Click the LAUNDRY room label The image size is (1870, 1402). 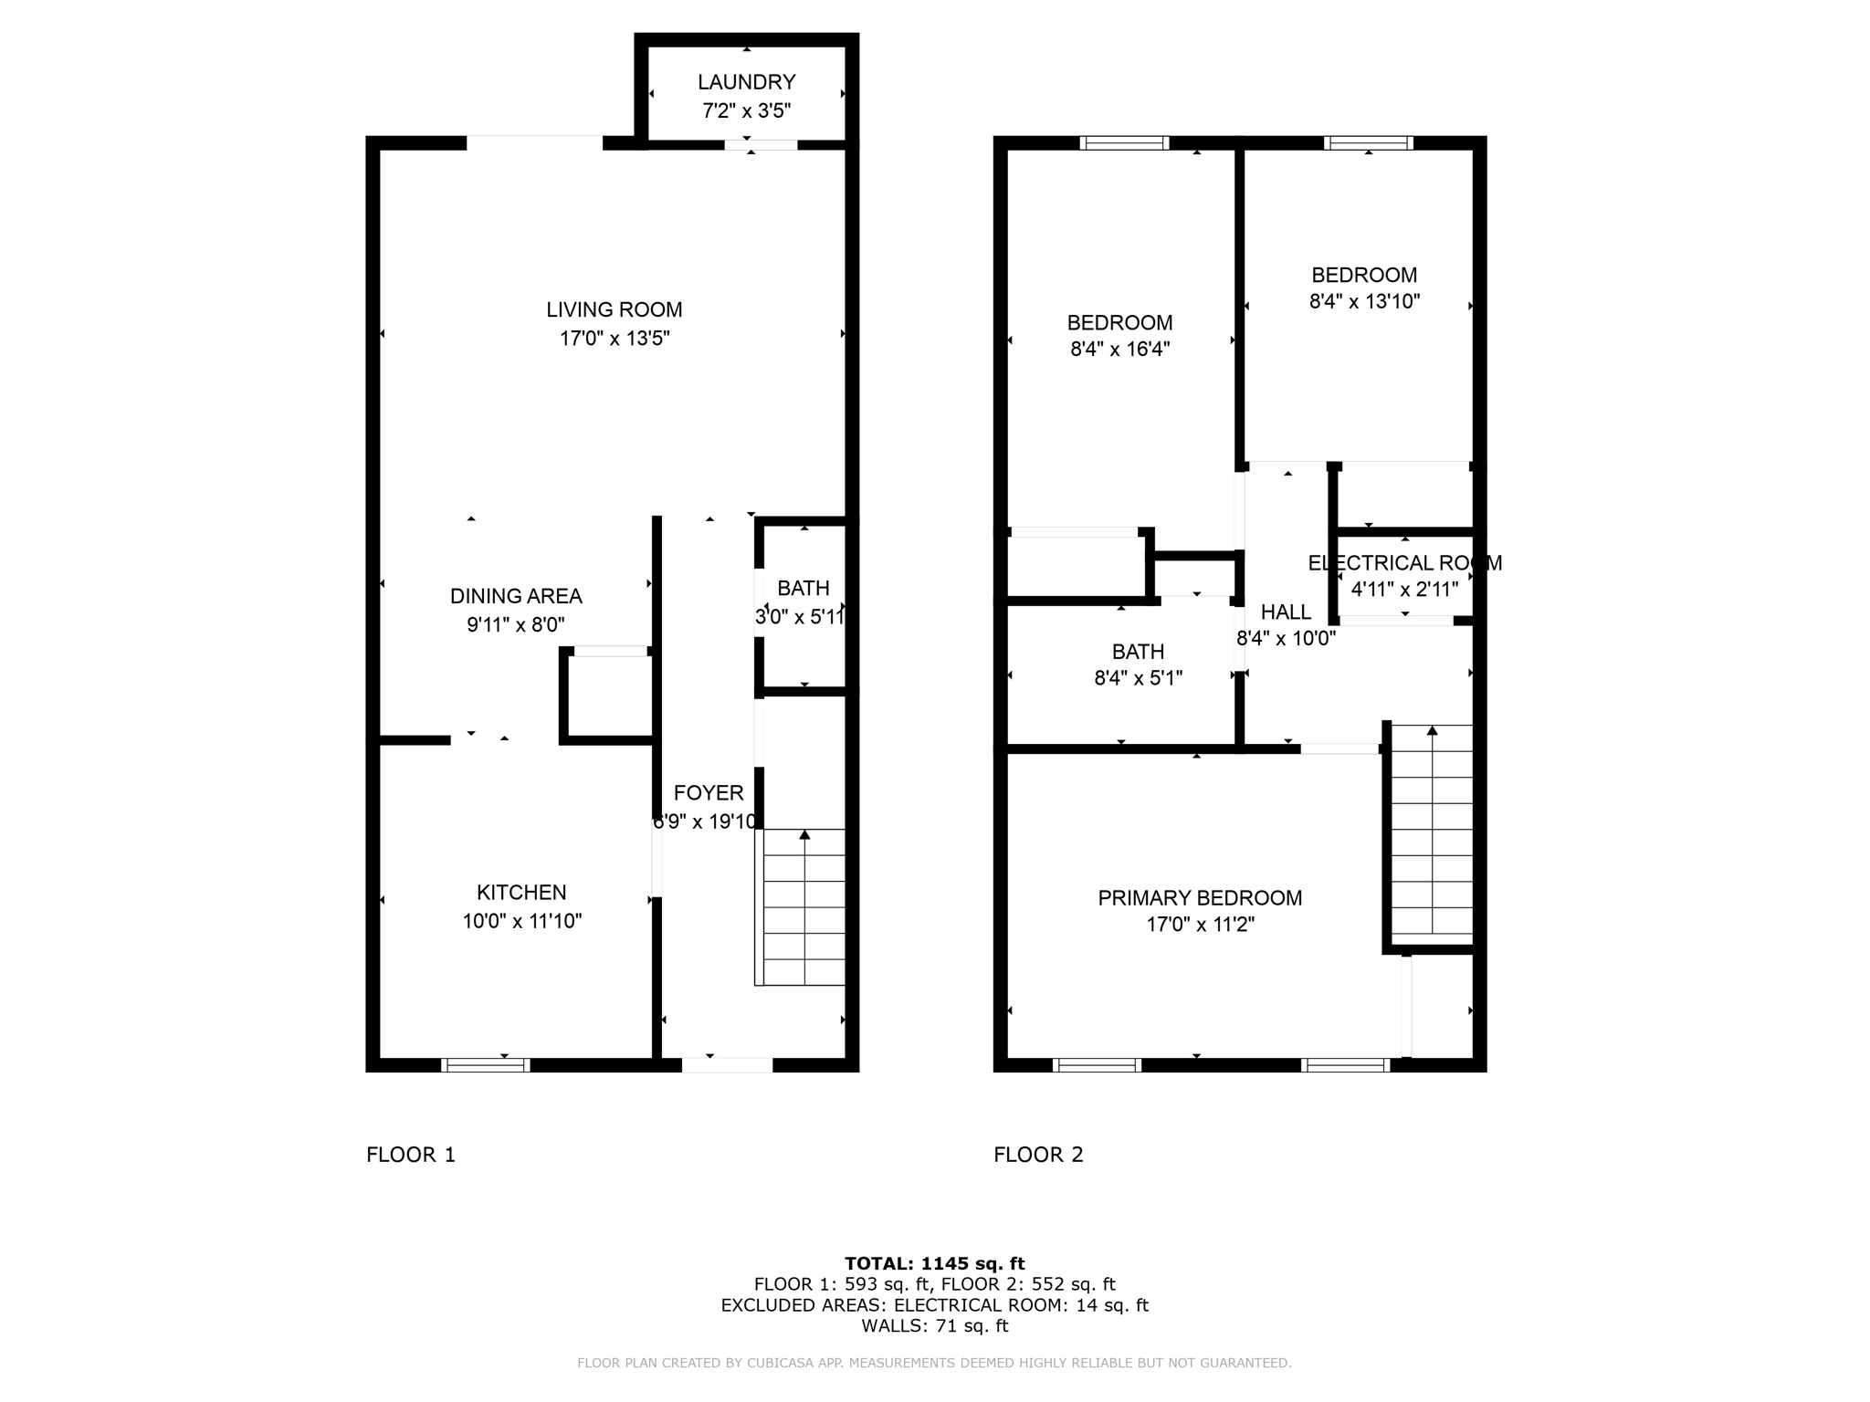(746, 82)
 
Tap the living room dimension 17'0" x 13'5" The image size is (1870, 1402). (615, 339)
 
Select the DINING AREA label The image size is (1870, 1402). (516, 596)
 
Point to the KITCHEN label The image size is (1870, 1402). (521, 892)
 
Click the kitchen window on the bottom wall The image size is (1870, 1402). (485, 1064)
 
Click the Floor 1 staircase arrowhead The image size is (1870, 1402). (804, 834)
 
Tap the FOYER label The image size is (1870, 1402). (709, 792)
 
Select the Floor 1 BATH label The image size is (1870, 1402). (804, 588)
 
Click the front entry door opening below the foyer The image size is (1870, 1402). (727, 1064)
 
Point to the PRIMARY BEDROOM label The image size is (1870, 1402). (1200, 897)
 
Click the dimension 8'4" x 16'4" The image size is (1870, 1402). (1119, 349)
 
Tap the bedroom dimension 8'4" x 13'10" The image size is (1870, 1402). (1364, 301)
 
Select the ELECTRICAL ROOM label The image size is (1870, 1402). (1404, 563)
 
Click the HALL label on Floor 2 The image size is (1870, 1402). (1286, 612)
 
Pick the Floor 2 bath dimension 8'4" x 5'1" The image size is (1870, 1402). (1138, 678)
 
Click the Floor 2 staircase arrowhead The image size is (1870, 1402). (1432, 730)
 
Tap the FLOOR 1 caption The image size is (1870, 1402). (410, 1155)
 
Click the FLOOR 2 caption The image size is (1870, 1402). (1038, 1155)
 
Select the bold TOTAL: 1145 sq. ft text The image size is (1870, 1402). (934, 1263)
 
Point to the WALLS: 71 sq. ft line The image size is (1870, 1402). (934, 1325)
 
